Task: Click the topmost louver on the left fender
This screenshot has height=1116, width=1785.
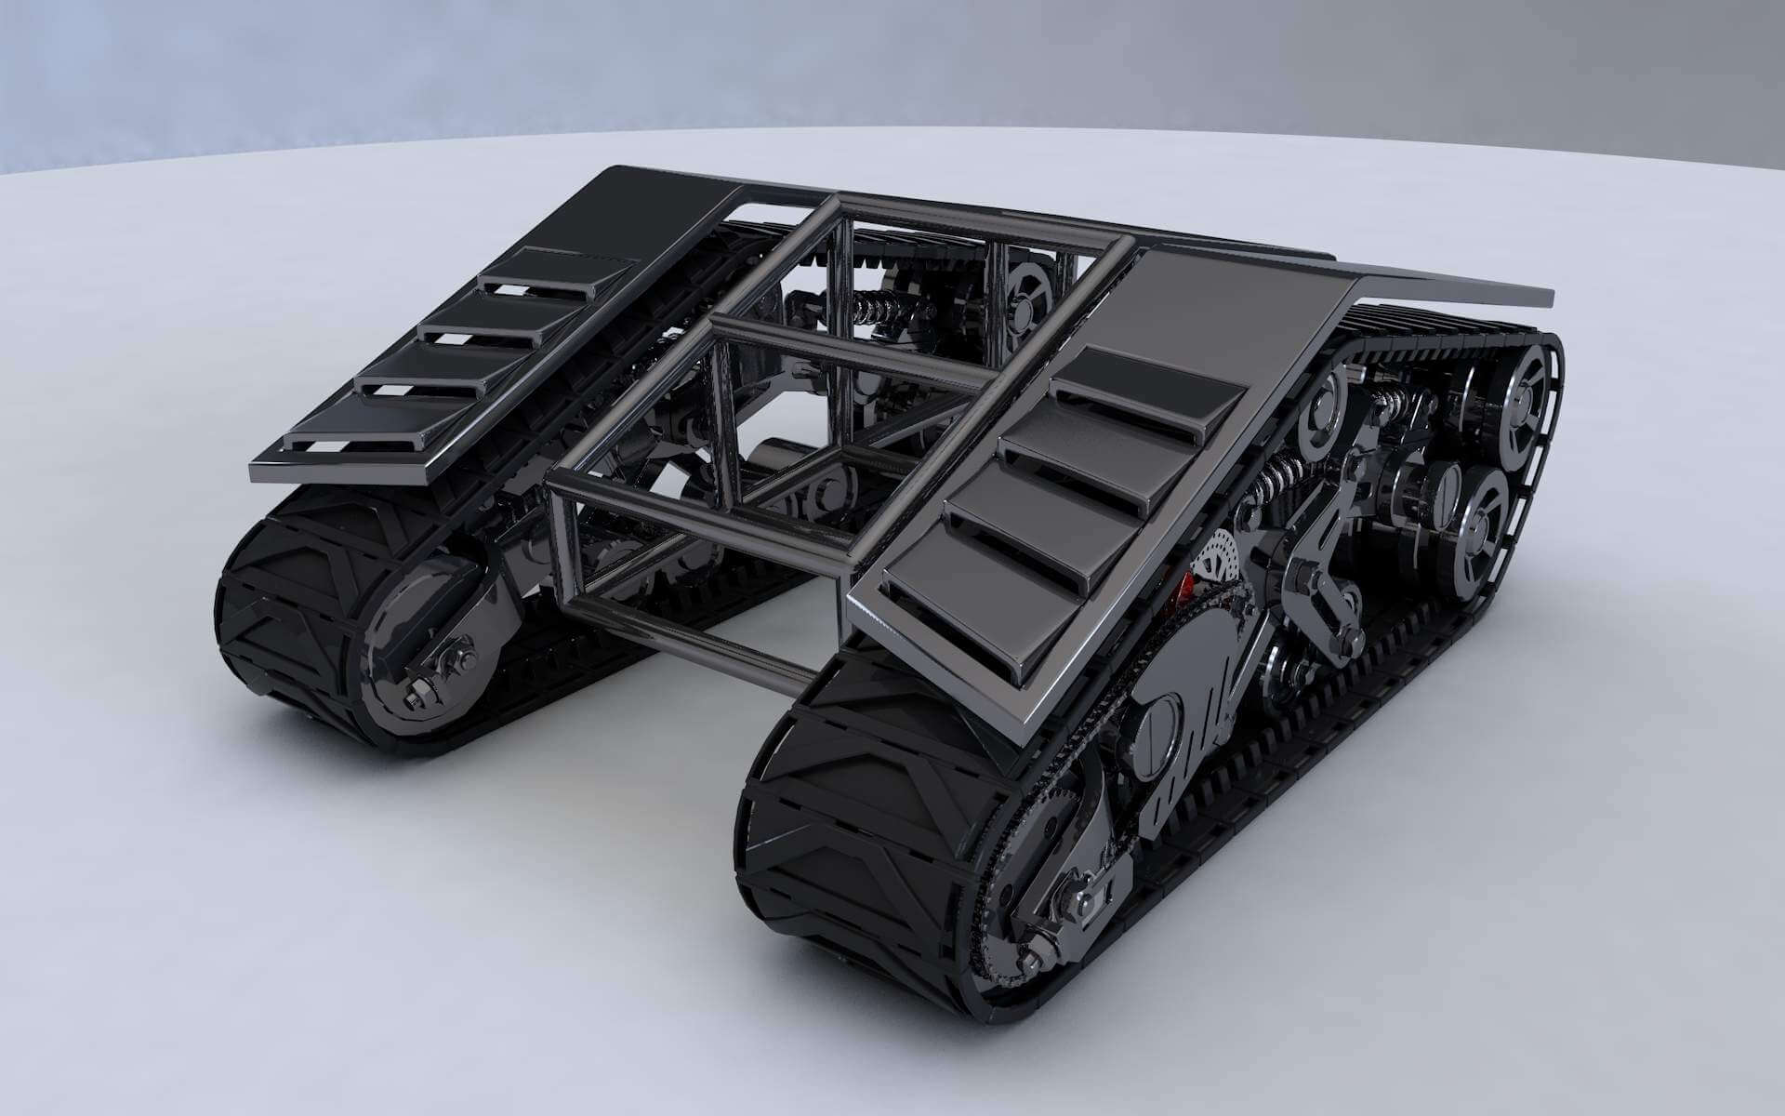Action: point(558,270)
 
